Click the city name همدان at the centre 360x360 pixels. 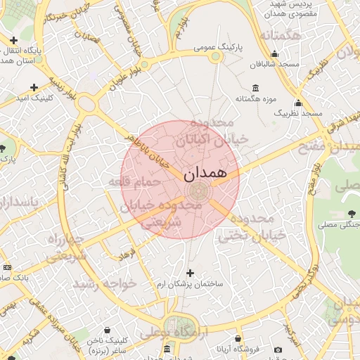pyautogui.click(x=205, y=173)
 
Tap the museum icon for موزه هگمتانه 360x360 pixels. pyautogui.click(x=254, y=88)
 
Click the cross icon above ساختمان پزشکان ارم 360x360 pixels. pyautogui.click(x=189, y=273)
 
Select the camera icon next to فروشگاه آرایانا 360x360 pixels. pyautogui.click(x=278, y=350)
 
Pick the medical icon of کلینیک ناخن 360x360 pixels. pyautogui.click(x=107, y=328)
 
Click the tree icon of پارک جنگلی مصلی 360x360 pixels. pyautogui.click(x=352, y=214)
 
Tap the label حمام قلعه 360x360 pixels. pyautogui.click(x=134, y=182)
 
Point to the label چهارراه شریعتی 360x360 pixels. pyautogui.click(x=65, y=248)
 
